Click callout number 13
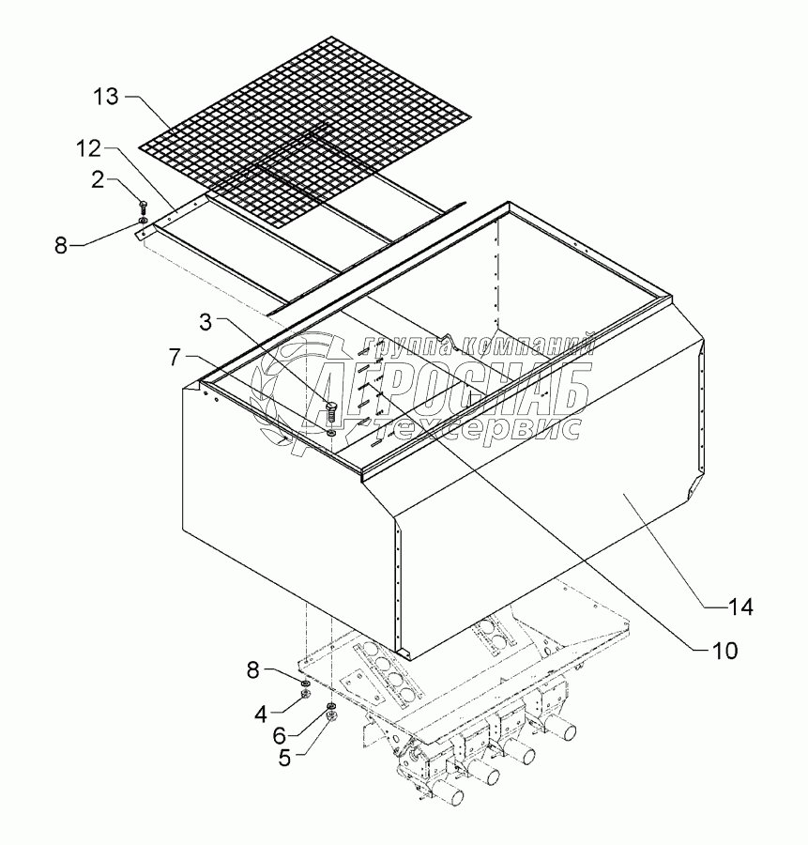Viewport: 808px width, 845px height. pos(106,98)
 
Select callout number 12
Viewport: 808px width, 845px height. pos(88,149)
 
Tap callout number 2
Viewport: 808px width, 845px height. pos(97,180)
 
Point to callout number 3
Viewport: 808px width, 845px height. pos(206,322)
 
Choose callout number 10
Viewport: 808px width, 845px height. pos(724,651)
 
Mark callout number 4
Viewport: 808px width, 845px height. pos(261,714)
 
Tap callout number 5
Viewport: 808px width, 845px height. pos(284,759)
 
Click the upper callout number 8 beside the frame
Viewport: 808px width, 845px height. pos(61,246)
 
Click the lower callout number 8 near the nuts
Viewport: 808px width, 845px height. pos(253,670)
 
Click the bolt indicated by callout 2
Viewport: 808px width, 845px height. pos(143,207)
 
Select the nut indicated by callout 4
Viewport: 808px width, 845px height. pos(305,694)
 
